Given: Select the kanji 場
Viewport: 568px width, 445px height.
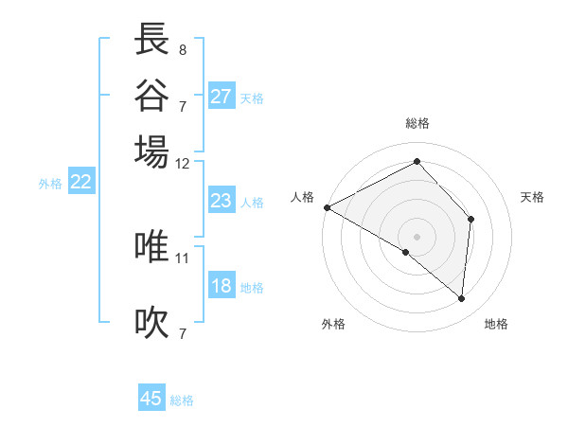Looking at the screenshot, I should pos(152,151).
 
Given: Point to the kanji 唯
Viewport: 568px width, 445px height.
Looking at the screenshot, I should pos(152,247).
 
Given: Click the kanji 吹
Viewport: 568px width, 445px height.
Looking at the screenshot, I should pos(152,322).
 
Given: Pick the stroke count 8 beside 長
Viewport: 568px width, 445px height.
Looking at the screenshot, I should pos(183,48).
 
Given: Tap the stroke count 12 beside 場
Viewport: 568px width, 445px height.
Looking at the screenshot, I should pos(183,163).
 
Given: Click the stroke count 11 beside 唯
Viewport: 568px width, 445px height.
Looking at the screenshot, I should pos(183,258).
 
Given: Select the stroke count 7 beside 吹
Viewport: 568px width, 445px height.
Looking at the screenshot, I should pos(183,332).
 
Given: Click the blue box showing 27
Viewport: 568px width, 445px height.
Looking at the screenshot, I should pos(222,97).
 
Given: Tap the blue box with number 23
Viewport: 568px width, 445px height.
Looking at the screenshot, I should pos(222,201).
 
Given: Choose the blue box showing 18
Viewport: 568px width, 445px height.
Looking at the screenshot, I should pos(222,287).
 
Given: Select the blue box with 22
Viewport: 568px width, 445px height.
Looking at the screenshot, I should pos(80,183).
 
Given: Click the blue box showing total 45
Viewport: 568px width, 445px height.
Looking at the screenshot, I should pos(151,399).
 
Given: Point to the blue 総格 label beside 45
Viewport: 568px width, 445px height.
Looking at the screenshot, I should pos(182,400).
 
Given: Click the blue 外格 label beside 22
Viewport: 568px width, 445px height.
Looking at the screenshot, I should pos(49,185).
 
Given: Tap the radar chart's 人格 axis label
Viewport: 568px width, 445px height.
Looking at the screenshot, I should pos(302,197).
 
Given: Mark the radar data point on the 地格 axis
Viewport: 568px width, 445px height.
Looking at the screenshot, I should pos(461,298).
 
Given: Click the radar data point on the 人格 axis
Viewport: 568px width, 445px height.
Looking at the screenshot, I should pos(327,207).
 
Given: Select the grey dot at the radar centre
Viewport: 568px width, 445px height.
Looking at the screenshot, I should pos(417,236).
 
